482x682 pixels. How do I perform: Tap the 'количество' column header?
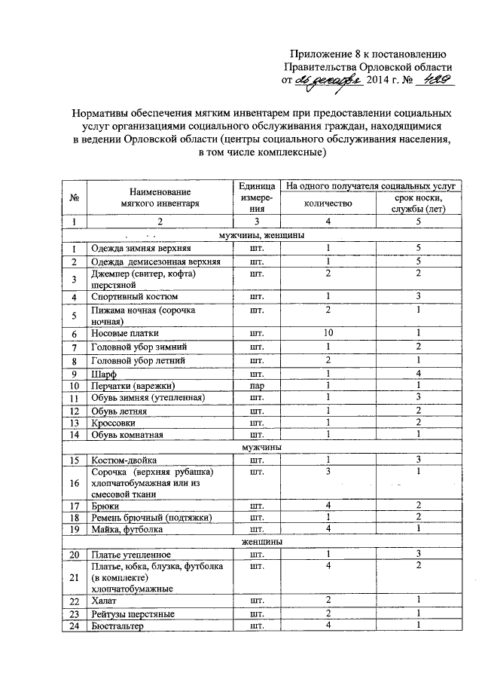click(x=328, y=203)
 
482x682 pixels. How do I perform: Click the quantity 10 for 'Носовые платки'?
click(x=328, y=332)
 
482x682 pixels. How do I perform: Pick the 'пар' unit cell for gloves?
click(x=256, y=385)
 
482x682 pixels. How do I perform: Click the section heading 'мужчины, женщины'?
click(x=261, y=235)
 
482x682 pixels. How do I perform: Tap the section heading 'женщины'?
click(x=262, y=542)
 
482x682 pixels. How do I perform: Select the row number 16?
click(x=75, y=482)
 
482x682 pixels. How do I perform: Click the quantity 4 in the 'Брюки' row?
click(x=328, y=507)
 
